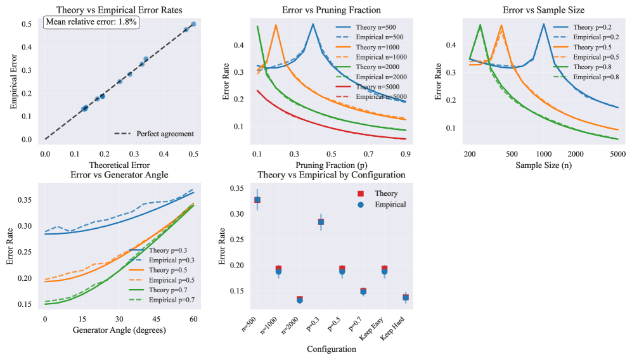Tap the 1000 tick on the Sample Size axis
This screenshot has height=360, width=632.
pyautogui.click(x=543, y=154)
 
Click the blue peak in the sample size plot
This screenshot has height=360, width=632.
pyautogui.click(x=543, y=24)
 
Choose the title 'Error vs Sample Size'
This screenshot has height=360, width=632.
pyautogui.click(x=543, y=10)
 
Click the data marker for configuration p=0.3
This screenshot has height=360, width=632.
pyautogui.click(x=321, y=222)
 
